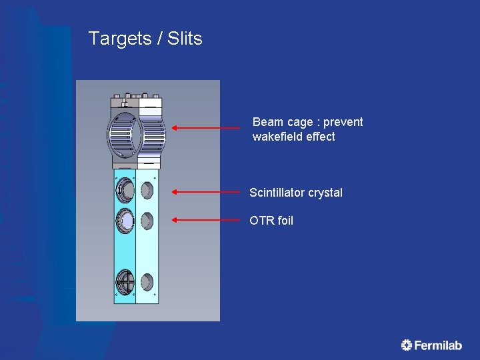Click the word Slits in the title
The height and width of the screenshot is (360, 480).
point(185,39)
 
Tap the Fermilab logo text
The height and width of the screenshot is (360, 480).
point(438,345)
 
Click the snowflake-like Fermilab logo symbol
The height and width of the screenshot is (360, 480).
point(407,345)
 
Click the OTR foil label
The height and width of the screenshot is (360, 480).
point(271,221)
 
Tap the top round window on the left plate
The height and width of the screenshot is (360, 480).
point(125,191)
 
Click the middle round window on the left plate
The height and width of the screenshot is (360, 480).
point(125,219)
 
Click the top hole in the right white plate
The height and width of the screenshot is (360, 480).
point(147,191)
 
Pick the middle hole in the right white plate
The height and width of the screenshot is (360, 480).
point(147,219)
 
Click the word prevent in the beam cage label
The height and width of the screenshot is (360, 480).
point(343,122)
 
